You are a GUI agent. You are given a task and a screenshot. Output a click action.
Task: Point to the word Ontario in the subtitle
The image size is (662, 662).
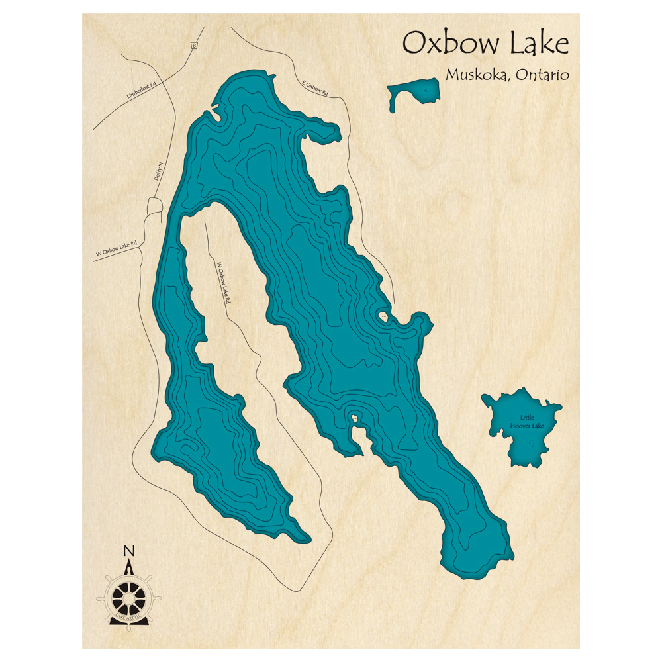541,75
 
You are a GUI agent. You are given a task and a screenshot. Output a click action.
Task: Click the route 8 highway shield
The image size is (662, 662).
194,45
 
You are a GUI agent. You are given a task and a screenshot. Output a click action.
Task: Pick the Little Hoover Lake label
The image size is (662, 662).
527,422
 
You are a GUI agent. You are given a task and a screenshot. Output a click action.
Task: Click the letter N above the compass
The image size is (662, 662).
129,551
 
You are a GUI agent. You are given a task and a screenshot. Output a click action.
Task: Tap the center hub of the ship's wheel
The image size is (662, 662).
128,599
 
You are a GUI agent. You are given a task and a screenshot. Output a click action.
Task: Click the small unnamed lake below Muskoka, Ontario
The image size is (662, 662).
414,93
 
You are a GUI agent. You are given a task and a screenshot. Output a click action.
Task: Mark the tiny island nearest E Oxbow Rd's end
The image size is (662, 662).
383,317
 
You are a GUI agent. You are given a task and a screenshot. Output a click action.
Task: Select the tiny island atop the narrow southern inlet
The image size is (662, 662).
355,418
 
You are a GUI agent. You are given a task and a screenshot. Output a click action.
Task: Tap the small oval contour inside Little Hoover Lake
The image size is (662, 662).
531,446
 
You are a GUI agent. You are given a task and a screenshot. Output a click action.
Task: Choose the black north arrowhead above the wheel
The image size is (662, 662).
129,567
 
